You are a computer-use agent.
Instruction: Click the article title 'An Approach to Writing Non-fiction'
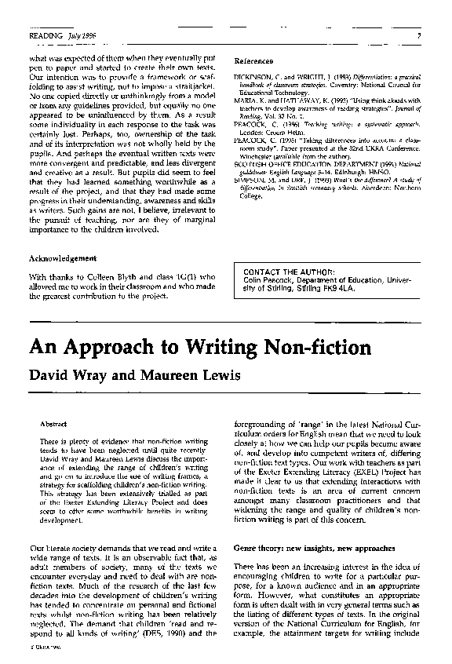(x=200, y=347)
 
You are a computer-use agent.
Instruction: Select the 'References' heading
(x=253, y=61)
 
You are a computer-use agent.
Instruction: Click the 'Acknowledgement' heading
(x=62, y=258)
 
